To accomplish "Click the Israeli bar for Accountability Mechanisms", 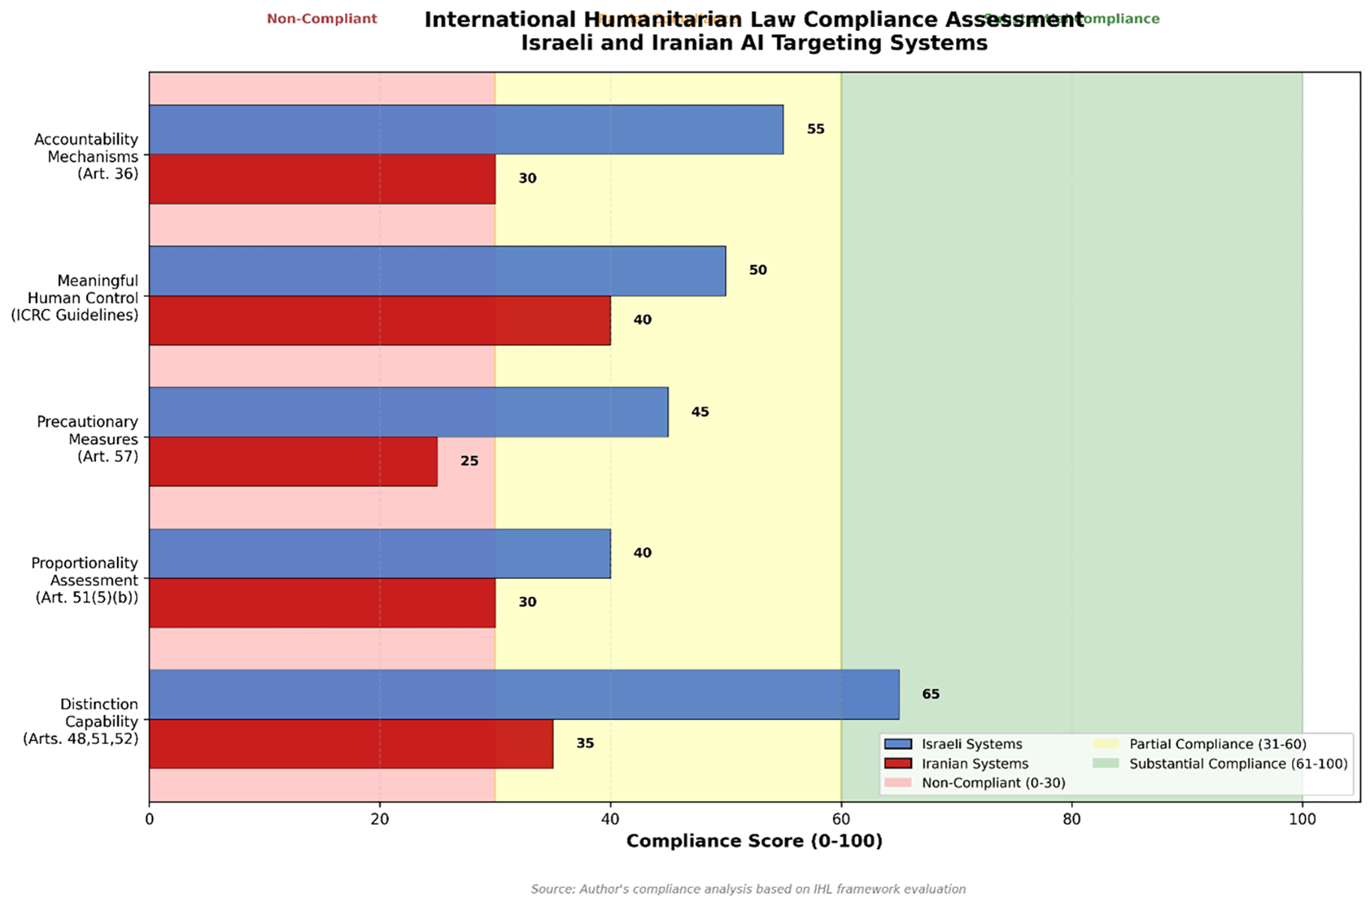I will [466, 130].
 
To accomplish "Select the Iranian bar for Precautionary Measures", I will [293, 461].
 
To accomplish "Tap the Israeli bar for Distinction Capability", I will [523, 694].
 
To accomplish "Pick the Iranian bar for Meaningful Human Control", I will [379, 320].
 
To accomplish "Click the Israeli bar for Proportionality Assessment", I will [379, 553].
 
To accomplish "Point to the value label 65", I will [931, 694].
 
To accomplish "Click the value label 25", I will [469, 461].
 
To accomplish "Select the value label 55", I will [816, 129].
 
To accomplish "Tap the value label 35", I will [585, 743].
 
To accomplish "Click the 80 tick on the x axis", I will [1072, 819].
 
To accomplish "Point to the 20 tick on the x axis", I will [379, 819].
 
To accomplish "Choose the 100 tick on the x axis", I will [1302, 819].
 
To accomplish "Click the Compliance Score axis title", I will [754, 841].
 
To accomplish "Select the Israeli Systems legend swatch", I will [898, 744].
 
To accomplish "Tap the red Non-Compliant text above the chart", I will [322, 19].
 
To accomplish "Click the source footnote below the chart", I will [748, 889].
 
